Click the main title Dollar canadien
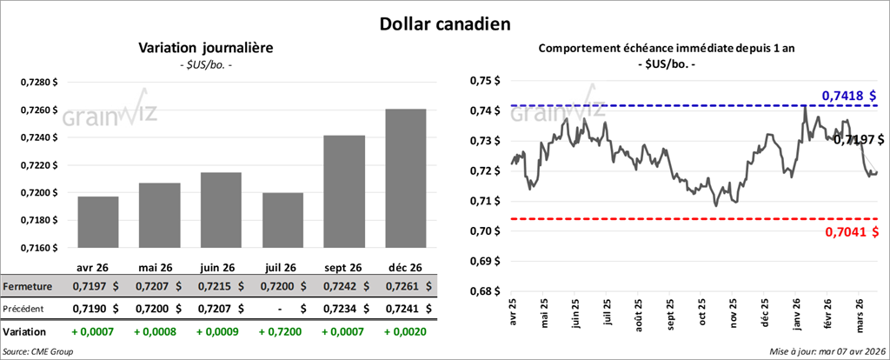(x=444, y=23)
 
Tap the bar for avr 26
(x=97, y=222)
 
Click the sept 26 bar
(x=344, y=191)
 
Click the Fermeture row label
(x=28, y=285)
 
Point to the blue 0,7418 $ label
(x=848, y=95)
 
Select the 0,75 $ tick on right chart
(x=489, y=81)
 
